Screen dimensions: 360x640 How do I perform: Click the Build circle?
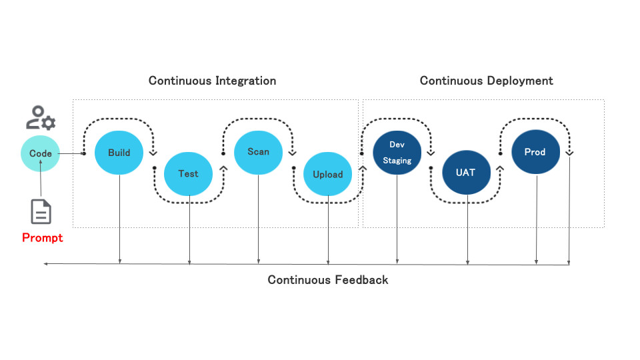coord(119,153)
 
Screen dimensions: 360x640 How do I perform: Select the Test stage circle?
coord(188,174)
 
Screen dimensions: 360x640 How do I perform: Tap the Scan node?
coord(258,152)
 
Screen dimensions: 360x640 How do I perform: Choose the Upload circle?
coord(327,175)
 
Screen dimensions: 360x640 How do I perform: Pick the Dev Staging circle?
coord(397,153)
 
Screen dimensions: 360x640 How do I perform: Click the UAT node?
coord(466,173)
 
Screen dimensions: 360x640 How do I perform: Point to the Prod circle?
coord(535,152)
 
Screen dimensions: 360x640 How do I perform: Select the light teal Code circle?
coord(41,153)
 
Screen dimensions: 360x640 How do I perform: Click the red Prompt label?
coord(43,238)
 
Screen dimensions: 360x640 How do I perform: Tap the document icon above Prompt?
coord(41,211)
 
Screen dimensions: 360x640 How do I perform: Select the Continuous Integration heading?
coord(212,81)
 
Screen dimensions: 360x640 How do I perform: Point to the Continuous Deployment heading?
coord(486,81)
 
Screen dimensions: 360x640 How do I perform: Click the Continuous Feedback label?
coord(327,280)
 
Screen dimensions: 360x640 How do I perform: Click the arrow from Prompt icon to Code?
coord(41,184)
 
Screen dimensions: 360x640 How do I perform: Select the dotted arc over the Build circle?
coord(119,121)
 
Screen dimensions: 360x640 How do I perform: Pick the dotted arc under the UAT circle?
coord(466,201)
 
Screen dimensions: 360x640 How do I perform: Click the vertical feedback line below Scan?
coord(258,220)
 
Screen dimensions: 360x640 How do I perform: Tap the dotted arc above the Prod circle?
coord(535,121)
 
